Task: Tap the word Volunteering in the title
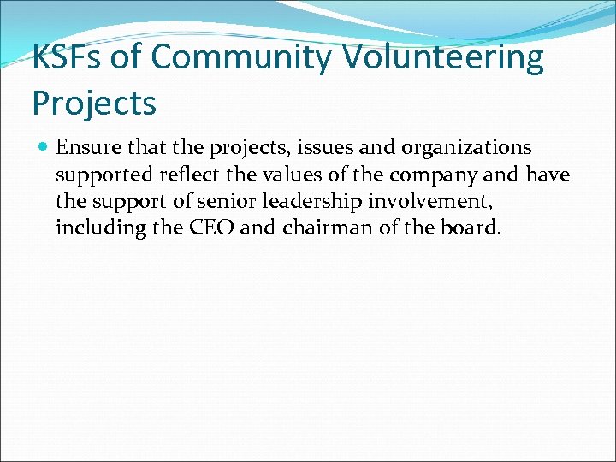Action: pyautogui.click(x=443, y=58)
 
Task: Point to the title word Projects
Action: pyautogui.click(x=94, y=103)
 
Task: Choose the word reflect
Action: pyautogui.click(x=184, y=175)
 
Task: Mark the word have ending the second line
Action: pyautogui.click(x=548, y=175)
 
